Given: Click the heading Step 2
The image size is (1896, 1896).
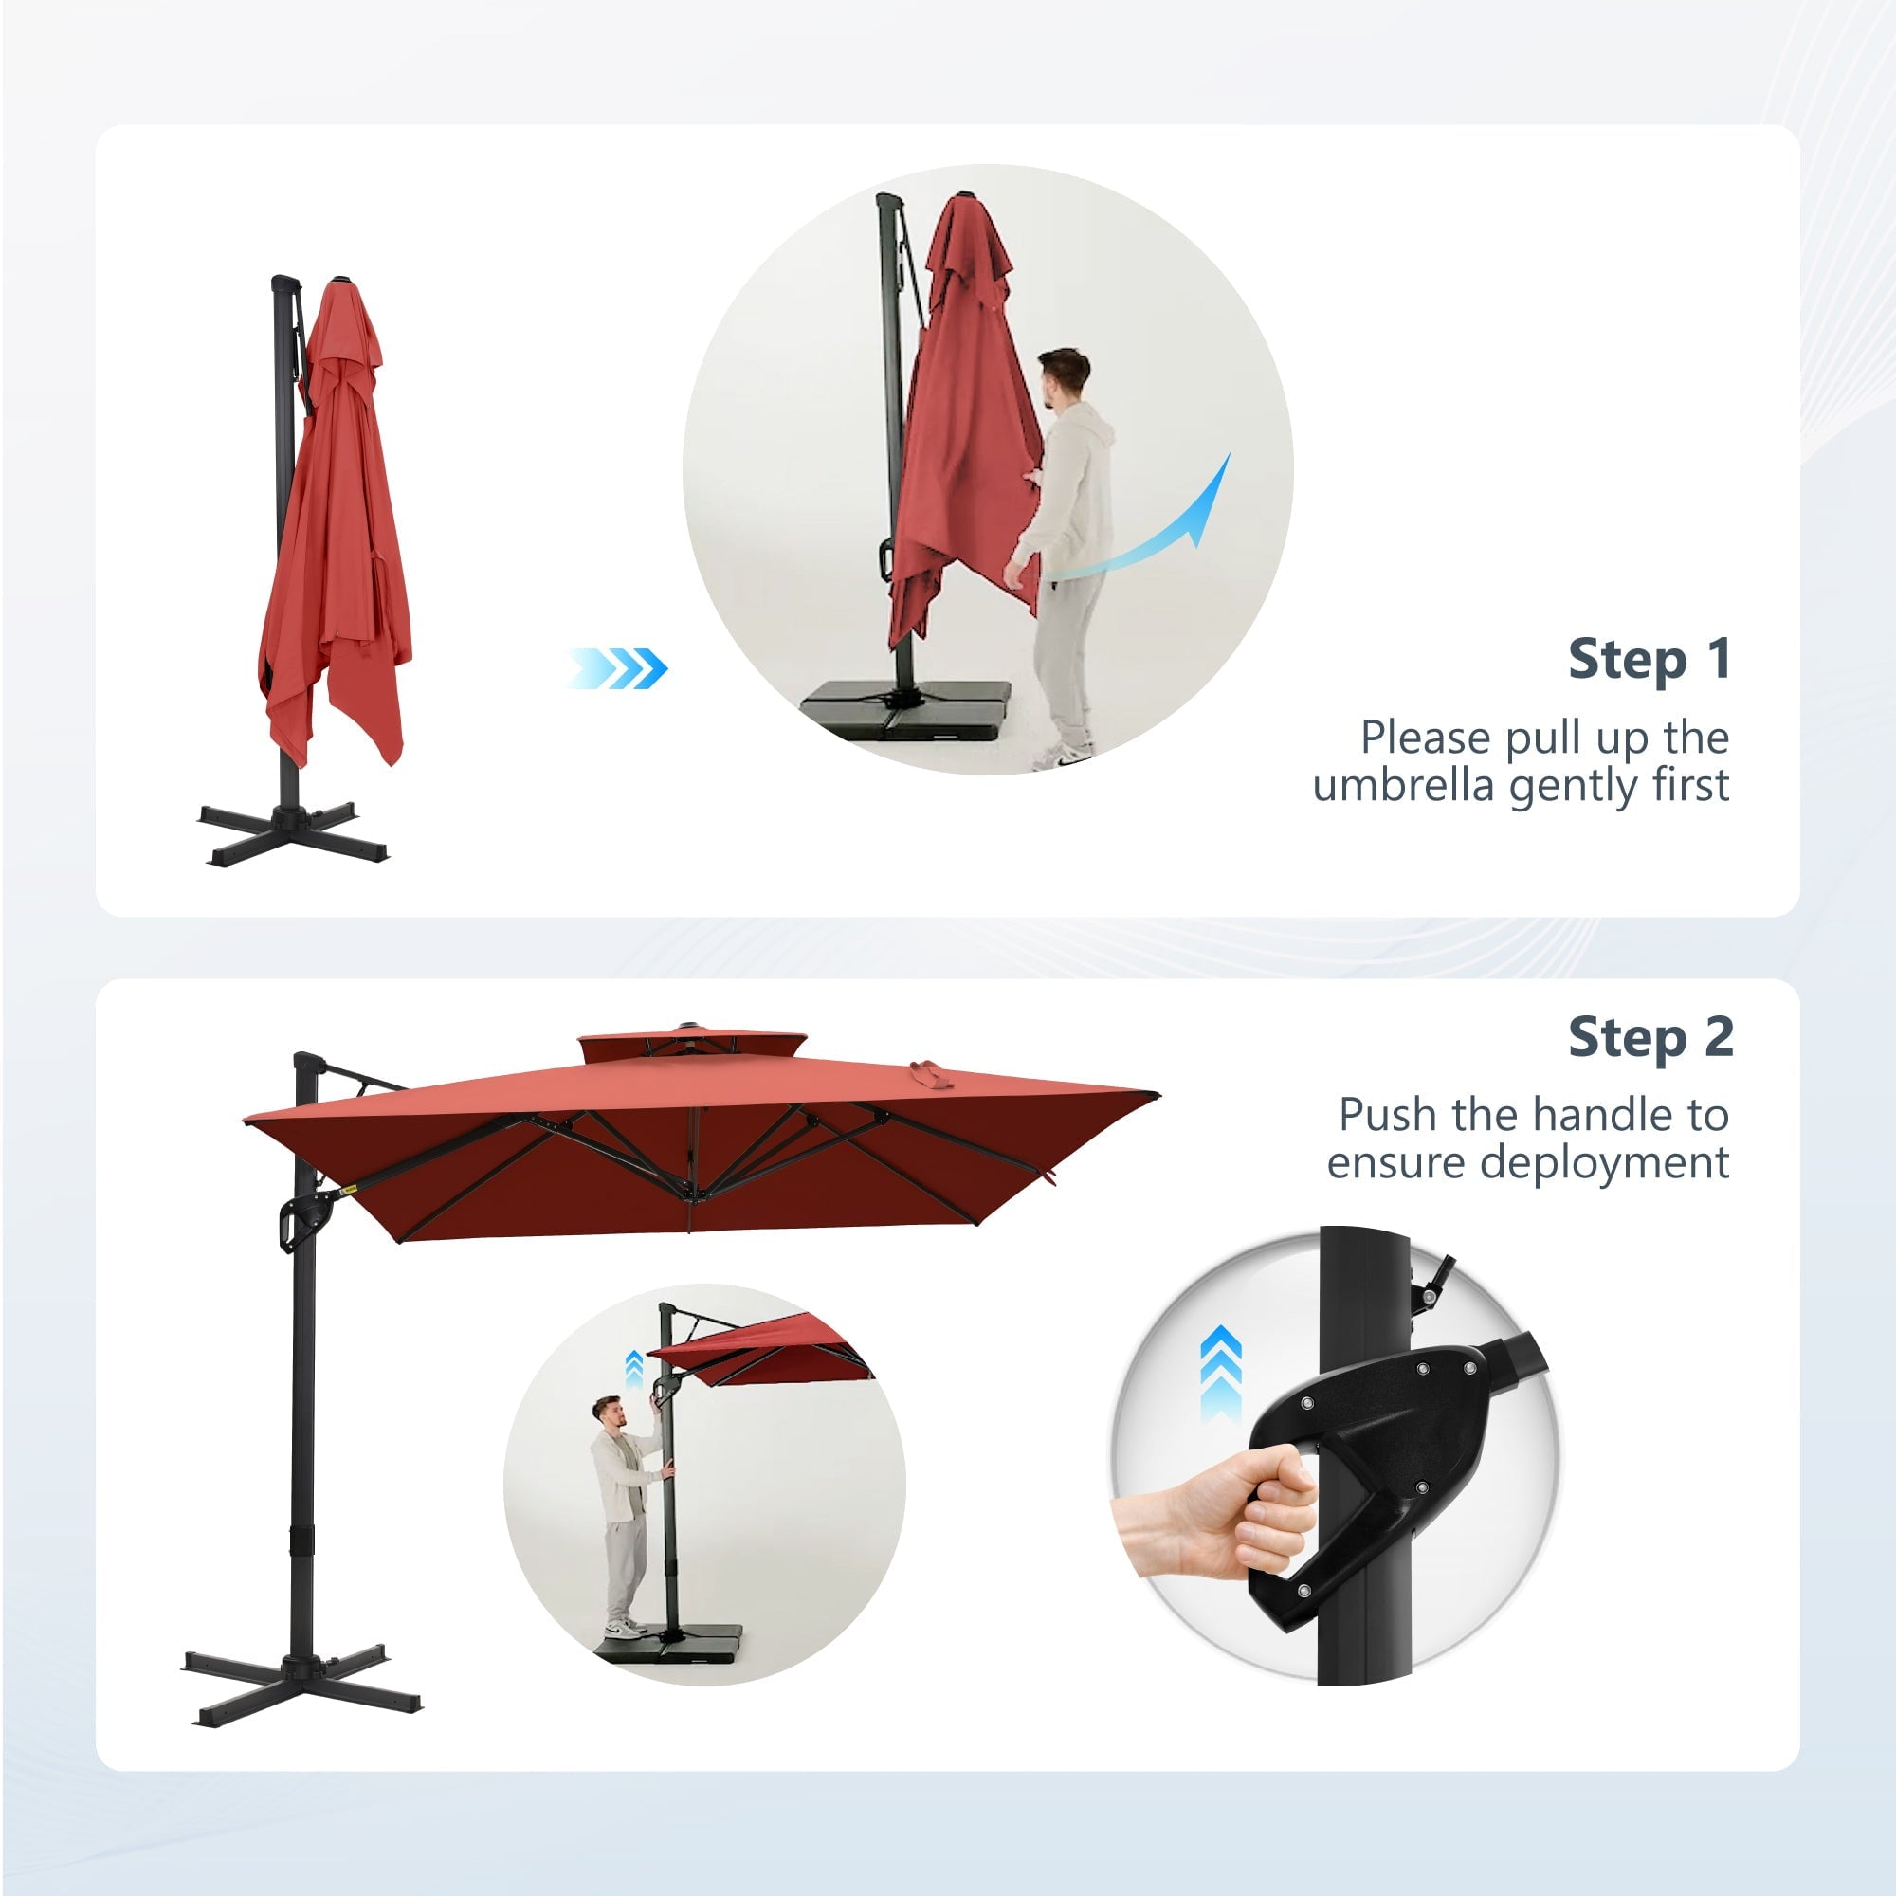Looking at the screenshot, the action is [1650, 1037].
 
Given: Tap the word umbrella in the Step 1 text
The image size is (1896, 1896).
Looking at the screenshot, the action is [1403, 785].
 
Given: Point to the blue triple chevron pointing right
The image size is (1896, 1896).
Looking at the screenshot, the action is [616, 668].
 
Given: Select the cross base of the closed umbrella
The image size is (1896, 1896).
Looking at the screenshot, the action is [292, 832].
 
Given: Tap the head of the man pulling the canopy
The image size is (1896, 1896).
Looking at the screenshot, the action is [1063, 375].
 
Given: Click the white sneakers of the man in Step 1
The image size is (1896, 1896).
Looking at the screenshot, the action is [1064, 754].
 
